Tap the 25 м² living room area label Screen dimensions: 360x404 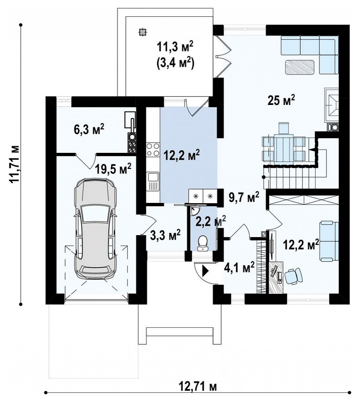pos(281,100)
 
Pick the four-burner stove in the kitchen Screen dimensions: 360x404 pos(153,150)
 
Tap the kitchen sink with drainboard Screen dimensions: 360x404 pos(153,182)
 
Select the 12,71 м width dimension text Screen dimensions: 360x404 pos(198,386)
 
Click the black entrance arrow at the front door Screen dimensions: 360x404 pos(206,271)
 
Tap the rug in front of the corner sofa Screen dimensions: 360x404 pos(300,67)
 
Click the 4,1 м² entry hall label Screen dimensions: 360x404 pos(240,268)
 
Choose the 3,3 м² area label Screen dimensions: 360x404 pos(165,235)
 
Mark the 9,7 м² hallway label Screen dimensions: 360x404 pos(244,198)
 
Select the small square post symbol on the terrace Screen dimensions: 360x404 pos(141,32)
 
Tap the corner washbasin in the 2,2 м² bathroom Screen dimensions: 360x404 pos(194,211)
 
